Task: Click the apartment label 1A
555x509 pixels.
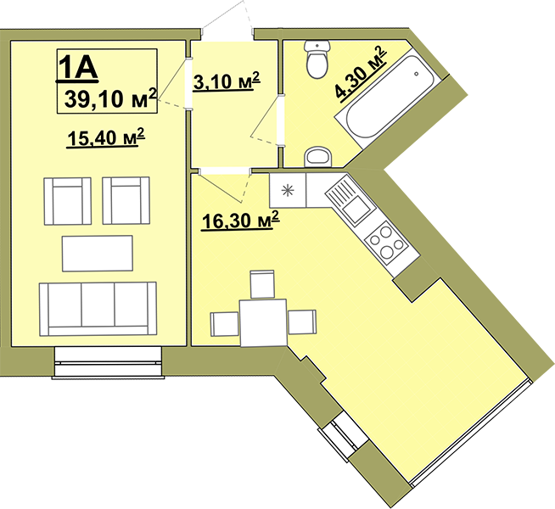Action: click(78, 67)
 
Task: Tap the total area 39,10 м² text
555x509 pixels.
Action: click(110, 98)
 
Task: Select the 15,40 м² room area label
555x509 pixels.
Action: click(106, 137)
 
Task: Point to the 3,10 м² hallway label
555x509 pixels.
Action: click(227, 81)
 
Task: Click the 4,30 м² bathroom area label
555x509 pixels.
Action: click(361, 74)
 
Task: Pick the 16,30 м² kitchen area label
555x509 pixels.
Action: click(240, 221)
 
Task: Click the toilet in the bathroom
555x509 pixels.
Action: click(317, 59)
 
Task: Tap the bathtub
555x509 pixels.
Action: click(389, 98)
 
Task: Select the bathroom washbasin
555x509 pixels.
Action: click(318, 157)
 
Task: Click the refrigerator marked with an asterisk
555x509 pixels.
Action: click(288, 190)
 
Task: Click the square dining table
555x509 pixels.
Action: click(263, 322)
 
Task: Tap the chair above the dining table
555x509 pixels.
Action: click(262, 284)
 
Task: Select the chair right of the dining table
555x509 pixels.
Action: click(302, 322)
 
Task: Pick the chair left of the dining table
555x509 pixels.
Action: click(225, 324)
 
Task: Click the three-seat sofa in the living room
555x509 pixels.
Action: click(98, 309)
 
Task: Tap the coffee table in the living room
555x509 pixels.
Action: click(98, 254)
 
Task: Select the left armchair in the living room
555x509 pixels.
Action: click(68, 201)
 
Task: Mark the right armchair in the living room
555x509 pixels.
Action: click(126, 200)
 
